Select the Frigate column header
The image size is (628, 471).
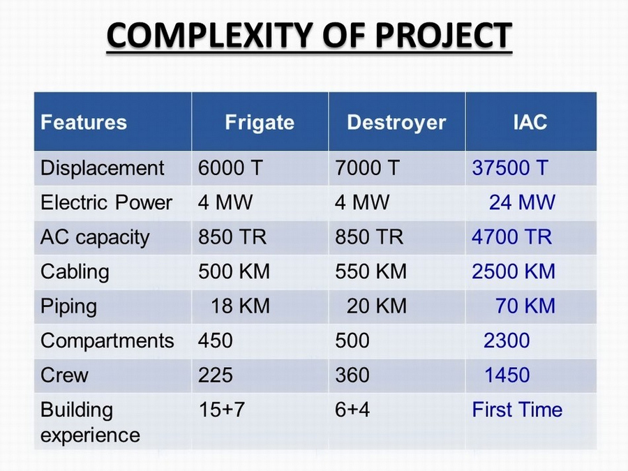tap(260, 122)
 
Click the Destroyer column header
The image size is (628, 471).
tap(396, 122)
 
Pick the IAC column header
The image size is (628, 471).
tap(530, 122)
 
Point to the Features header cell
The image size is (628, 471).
tap(84, 122)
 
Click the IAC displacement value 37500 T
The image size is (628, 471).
tap(510, 167)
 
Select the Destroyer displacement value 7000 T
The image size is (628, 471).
tap(367, 167)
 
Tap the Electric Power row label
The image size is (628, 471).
tap(106, 202)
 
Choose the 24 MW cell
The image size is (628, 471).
tap(522, 202)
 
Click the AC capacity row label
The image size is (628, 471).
tap(95, 237)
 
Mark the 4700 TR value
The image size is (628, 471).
tap(512, 237)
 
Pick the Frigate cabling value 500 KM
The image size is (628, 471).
tap(234, 271)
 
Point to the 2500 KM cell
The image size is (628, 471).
tap(514, 271)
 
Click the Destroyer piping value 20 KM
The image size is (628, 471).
tap(377, 306)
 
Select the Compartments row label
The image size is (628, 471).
tap(107, 341)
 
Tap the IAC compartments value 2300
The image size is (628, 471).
tap(507, 341)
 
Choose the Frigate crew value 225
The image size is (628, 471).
tap(215, 375)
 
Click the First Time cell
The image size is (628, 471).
tap(517, 410)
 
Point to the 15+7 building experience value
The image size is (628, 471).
tap(221, 410)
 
